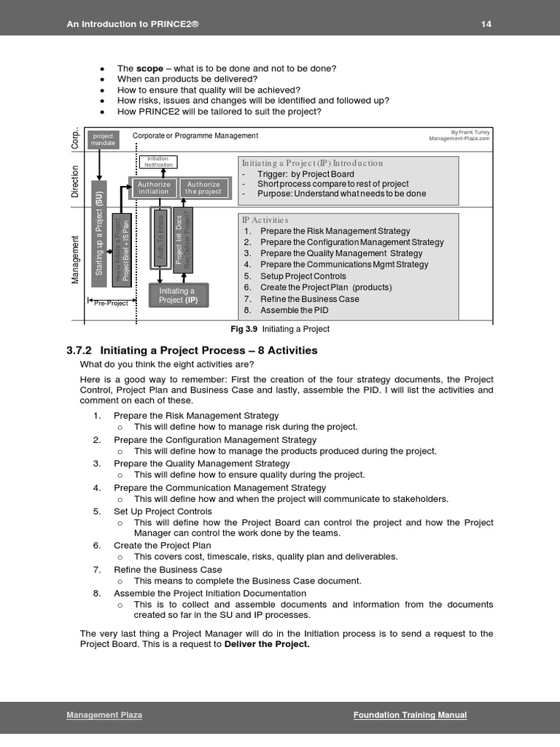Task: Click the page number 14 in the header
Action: click(486, 24)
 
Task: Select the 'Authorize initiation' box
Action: click(154, 188)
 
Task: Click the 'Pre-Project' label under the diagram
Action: click(110, 303)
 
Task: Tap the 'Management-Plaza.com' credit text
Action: click(459, 138)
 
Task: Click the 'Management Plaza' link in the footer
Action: click(104, 715)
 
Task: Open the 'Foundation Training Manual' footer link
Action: click(410, 715)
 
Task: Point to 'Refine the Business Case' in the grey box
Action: click(309, 299)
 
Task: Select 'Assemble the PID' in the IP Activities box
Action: click(295, 310)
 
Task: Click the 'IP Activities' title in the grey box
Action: click(265, 220)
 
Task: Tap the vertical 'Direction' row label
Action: click(75, 182)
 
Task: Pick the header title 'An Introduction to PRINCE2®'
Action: click(133, 24)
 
